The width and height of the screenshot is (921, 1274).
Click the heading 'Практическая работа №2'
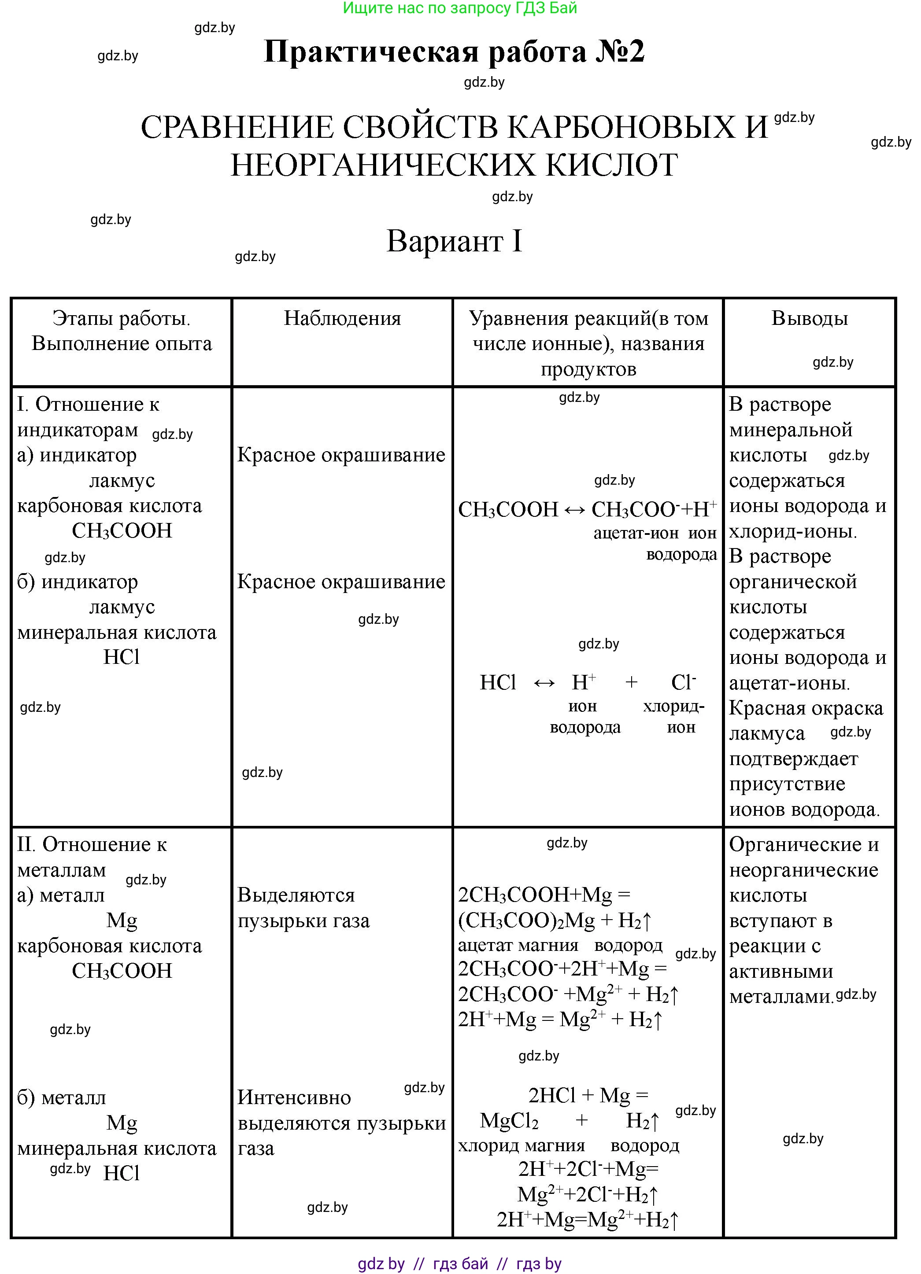click(x=454, y=52)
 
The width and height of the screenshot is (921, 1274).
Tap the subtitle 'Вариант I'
click(x=454, y=242)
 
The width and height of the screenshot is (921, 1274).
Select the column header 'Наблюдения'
click(x=342, y=319)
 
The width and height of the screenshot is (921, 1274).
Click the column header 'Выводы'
click(x=809, y=319)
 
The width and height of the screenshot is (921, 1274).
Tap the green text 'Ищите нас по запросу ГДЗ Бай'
click(x=460, y=8)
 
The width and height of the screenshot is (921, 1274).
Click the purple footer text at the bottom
click(x=460, y=1263)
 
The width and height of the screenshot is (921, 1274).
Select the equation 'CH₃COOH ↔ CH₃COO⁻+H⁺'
click(x=587, y=509)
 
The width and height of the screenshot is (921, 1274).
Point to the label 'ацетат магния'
click(x=518, y=946)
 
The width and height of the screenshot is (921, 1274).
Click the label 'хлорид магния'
click(x=521, y=1145)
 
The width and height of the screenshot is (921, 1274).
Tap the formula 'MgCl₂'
click(x=509, y=1121)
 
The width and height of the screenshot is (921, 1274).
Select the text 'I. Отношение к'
click(x=88, y=405)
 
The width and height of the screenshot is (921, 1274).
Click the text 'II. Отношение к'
click(x=92, y=844)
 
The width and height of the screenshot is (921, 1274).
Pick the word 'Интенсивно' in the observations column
click(x=294, y=1097)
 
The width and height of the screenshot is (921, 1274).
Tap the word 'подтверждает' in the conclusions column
click(x=793, y=759)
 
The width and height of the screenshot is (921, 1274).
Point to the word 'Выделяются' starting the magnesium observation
click(x=296, y=895)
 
